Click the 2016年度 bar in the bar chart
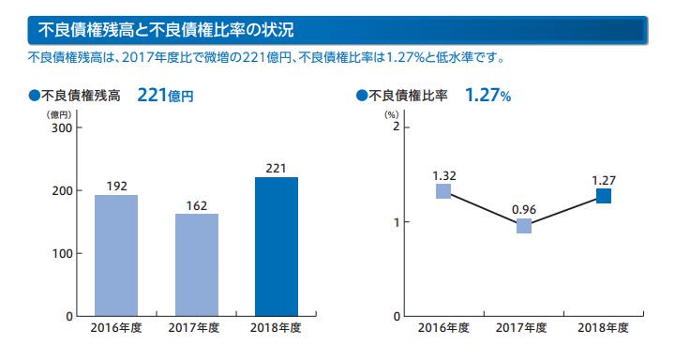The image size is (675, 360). (116, 255)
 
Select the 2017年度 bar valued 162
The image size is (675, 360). (197, 264)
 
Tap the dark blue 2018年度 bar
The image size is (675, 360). (277, 247)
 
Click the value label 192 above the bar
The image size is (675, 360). (116, 186)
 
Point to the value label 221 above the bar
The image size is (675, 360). (276, 168)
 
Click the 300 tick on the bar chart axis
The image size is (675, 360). (62, 127)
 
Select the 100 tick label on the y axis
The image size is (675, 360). (62, 254)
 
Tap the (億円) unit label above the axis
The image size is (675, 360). (59, 115)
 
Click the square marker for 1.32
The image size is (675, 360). (443, 191)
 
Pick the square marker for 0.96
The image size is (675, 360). (524, 226)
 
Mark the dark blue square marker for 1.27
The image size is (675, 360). (604, 196)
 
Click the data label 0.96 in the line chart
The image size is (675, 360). (524, 210)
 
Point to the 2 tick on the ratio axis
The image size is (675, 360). (396, 127)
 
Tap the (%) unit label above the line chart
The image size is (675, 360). (391, 115)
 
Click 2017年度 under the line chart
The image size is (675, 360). (521, 328)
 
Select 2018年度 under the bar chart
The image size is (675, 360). (276, 328)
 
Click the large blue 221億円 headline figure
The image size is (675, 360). (165, 96)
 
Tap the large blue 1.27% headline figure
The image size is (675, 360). (488, 96)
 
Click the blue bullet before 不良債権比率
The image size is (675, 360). (362, 96)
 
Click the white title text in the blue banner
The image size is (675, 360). (166, 30)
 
